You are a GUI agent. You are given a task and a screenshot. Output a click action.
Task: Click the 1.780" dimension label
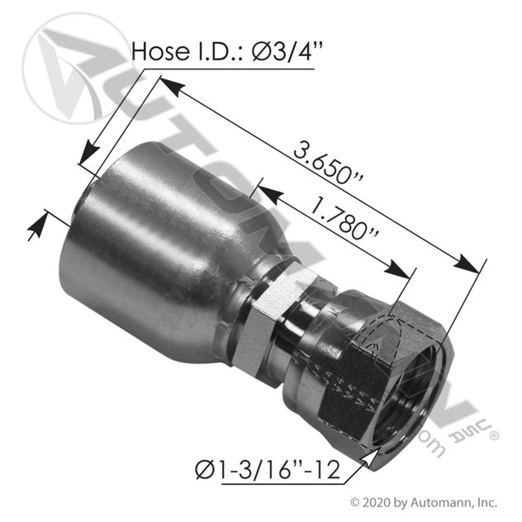click(344, 220)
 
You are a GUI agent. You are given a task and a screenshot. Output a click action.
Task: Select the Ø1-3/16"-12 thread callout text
click(268, 471)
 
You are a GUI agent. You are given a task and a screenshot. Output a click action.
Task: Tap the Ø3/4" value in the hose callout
click(287, 51)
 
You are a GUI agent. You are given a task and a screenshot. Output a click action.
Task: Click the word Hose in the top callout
click(160, 51)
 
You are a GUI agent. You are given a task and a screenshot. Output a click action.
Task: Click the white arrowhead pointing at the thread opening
click(370, 458)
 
